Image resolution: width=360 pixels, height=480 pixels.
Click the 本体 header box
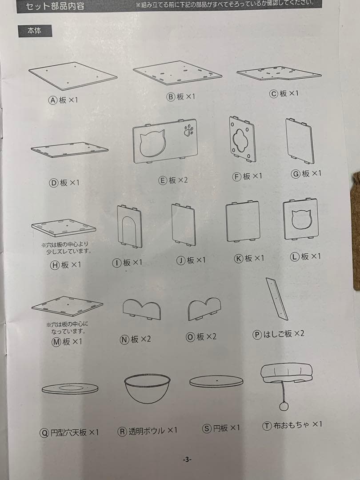35,31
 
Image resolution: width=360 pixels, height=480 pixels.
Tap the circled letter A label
53,100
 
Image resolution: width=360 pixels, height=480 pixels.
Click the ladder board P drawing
276,298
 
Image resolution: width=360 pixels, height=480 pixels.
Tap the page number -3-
187,460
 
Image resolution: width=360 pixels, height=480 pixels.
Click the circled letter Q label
44,432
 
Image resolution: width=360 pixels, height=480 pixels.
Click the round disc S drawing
216,381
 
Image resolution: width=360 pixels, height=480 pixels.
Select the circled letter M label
56,342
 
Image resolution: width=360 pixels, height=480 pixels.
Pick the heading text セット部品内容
55,6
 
